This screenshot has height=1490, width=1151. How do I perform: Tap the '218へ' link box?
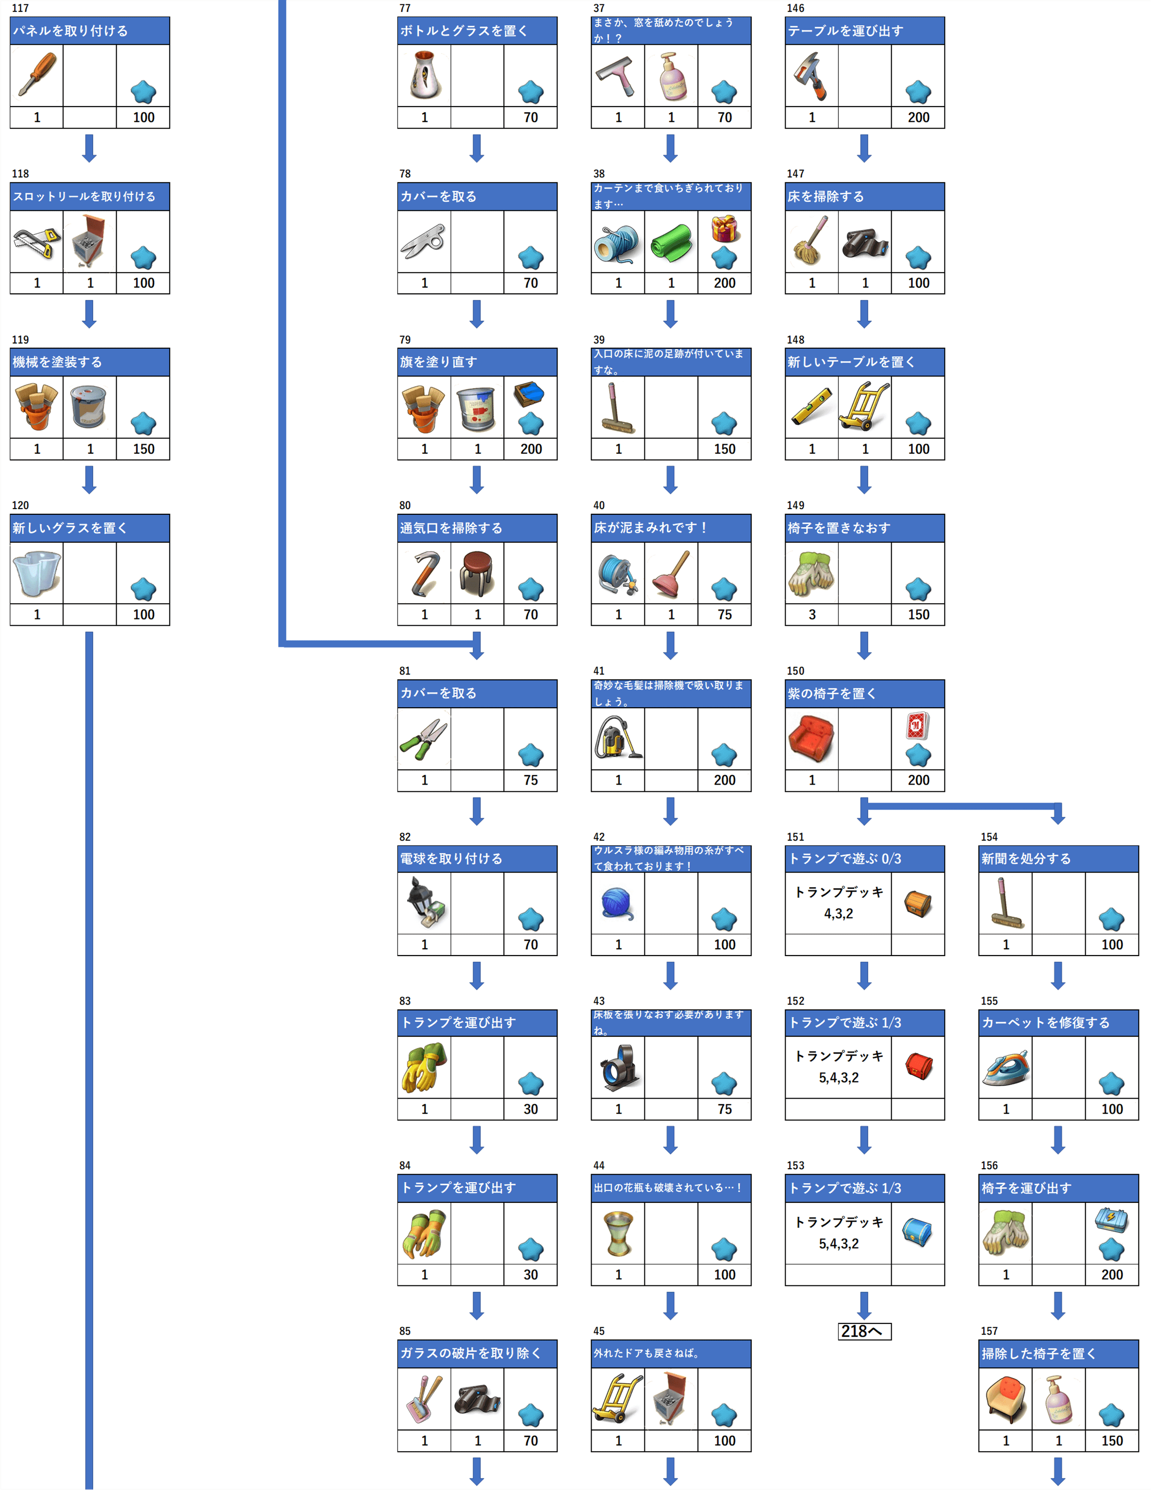point(864,1331)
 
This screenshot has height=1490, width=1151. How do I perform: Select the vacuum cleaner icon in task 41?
point(618,738)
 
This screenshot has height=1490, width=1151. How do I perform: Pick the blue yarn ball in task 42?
point(618,903)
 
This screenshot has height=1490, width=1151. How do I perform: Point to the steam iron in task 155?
point(1005,1068)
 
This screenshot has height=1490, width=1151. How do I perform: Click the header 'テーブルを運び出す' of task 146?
point(864,31)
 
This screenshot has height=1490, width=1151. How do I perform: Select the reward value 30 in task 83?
point(530,1109)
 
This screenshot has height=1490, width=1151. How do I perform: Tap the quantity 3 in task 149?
point(811,615)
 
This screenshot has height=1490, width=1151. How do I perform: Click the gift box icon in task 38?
point(724,229)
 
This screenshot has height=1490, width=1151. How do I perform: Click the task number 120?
point(21,506)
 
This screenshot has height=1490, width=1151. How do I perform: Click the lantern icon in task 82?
point(424,903)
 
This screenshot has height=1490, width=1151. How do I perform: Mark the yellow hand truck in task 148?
point(864,407)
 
